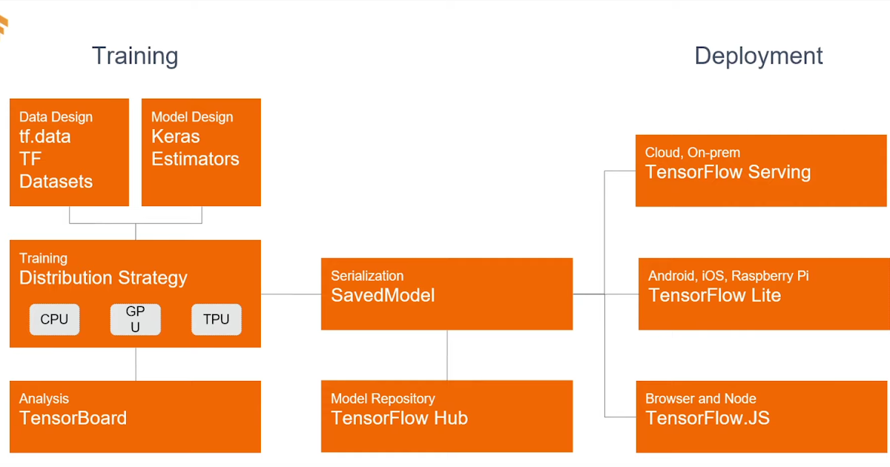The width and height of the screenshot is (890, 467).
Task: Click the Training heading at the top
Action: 135,56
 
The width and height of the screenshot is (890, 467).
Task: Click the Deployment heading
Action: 758,56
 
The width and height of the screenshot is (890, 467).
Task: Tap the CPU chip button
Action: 54,319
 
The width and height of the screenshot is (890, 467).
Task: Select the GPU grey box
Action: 135,319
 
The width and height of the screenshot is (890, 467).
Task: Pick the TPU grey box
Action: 216,319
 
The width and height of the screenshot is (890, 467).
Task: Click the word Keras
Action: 176,136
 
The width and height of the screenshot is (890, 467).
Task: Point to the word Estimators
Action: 195,159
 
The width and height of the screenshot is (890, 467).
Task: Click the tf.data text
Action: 45,136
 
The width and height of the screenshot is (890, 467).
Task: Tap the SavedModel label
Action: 383,295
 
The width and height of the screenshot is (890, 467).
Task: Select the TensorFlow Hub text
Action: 399,418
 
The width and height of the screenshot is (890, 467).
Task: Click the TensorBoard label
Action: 73,418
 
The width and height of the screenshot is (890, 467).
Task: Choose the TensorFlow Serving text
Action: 728,172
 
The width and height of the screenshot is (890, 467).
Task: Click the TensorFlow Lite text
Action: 714,295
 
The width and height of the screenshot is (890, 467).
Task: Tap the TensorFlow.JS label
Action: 707,418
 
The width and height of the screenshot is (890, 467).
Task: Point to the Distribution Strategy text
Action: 103,278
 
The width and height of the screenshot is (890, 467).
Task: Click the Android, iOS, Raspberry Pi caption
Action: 728,276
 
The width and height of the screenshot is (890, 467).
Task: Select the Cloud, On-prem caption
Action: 693,153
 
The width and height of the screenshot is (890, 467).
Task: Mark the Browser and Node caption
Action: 700,399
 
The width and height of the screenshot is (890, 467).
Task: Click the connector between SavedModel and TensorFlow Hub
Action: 446,355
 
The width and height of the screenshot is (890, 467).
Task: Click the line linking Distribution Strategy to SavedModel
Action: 291,294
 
